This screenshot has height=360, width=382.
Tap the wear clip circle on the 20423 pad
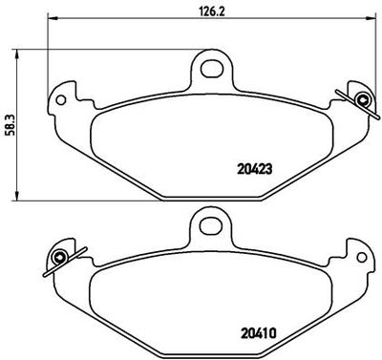tap(361, 99)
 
